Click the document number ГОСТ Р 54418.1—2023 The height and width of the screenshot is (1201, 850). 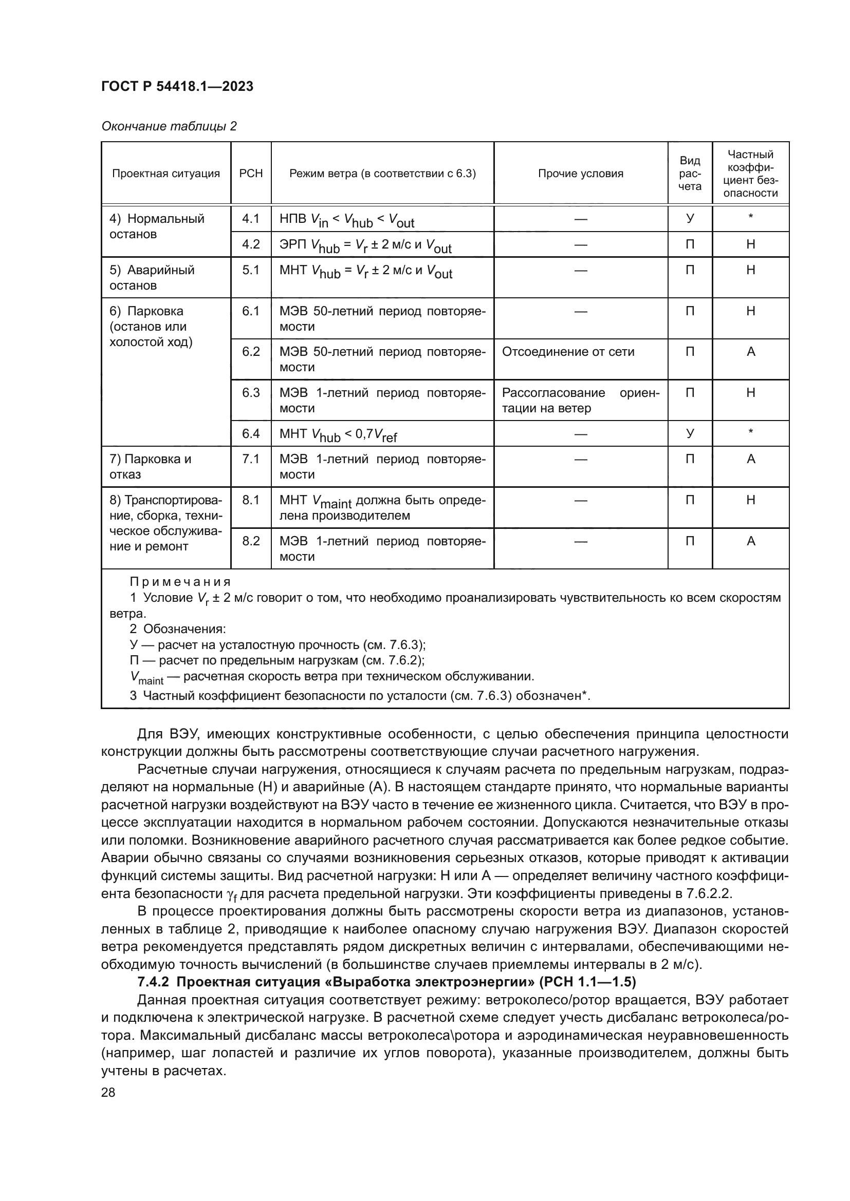click(177, 86)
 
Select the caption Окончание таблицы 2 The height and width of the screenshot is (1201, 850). click(169, 127)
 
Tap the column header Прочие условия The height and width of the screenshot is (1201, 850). click(580, 174)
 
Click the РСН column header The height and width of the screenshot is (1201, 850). click(251, 174)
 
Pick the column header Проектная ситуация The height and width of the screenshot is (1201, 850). click(166, 174)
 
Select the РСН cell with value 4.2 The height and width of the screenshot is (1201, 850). click(251, 244)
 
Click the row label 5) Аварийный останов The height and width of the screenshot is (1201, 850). click(152, 277)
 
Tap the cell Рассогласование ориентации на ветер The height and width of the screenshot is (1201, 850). click(580, 400)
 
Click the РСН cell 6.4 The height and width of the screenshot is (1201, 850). click(251, 434)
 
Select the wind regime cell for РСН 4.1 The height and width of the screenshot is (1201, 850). click(346, 220)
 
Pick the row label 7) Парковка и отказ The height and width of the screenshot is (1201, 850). click(150, 467)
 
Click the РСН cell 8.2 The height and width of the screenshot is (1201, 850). click(251, 541)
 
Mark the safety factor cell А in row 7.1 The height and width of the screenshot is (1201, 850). click(750, 459)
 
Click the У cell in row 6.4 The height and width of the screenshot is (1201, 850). click(690, 433)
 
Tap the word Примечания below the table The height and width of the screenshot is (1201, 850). click(180, 582)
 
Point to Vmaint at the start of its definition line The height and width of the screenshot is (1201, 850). click(146, 678)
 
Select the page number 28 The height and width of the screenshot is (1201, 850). click(108, 1092)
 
